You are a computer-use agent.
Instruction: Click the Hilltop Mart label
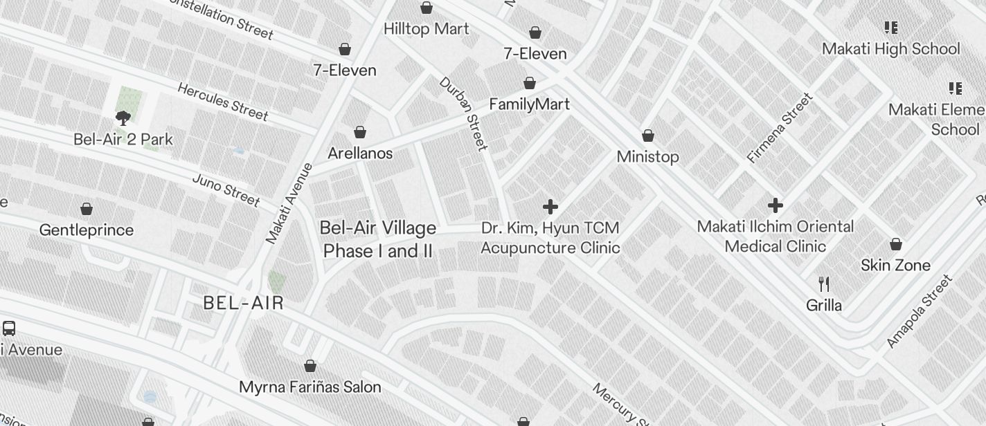pyautogui.click(x=426, y=29)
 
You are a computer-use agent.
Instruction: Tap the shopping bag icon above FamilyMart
pyautogui.click(x=530, y=84)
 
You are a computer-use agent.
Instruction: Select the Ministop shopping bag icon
pyautogui.click(x=648, y=136)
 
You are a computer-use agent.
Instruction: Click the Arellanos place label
pyautogui.click(x=360, y=154)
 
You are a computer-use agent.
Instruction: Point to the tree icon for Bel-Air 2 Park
pyautogui.click(x=123, y=118)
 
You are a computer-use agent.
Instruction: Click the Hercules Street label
pyautogui.click(x=222, y=101)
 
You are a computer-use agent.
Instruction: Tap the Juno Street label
pyautogui.click(x=226, y=190)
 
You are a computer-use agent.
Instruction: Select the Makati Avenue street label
pyautogui.click(x=289, y=203)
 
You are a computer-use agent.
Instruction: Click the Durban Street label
pyautogui.click(x=463, y=113)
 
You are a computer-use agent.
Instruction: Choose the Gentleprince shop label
pyautogui.click(x=87, y=230)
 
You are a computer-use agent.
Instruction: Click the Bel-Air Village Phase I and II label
pyautogui.click(x=379, y=239)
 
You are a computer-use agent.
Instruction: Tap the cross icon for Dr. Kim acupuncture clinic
pyautogui.click(x=550, y=207)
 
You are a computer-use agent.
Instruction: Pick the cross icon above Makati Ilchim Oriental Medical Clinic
pyautogui.click(x=776, y=205)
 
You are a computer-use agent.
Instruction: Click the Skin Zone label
pyautogui.click(x=895, y=266)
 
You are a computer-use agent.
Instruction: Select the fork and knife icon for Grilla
pyautogui.click(x=824, y=284)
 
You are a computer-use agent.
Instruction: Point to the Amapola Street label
pyautogui.click(x=919, y=311)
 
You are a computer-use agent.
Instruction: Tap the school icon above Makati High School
pyautogui.click(x=891, y=28)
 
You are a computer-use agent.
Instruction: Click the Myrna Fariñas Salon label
pyautogui.click(x=310, y=387)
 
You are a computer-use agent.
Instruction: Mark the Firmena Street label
pyautogui.click(x=780, y=128)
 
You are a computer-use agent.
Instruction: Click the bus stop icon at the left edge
pyautogui.click(x=9, y=328)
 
